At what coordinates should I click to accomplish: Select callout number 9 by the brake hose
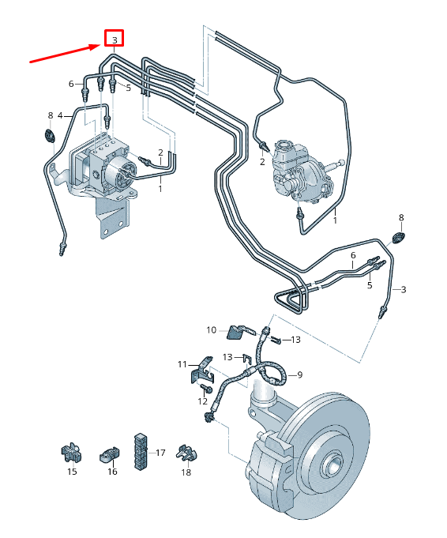click(300, 374)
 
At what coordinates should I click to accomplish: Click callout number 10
click(211, 330)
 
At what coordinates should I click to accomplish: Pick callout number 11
click(182, 364)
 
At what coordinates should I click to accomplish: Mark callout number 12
click(202, 401)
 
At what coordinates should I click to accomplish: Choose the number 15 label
click(72, 472)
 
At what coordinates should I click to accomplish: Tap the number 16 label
click(112, 472)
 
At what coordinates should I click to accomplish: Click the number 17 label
click(160, 453)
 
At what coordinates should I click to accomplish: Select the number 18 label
click(186, 472)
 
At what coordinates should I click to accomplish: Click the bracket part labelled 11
click(201, 370)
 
